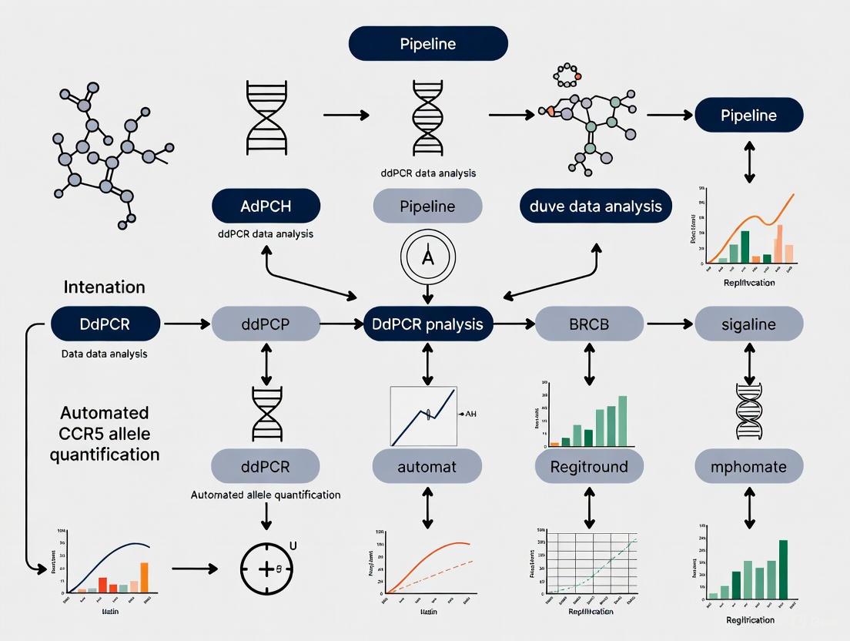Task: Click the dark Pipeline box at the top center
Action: pos(428,44)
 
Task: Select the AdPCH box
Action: pos(266,206)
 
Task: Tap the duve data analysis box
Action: pos(595,206)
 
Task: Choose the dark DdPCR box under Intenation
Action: pos(105,324)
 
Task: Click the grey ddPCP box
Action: pos(266,324)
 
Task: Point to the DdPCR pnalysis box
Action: pos(428,324)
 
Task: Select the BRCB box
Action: pos(589,324)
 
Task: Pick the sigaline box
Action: pos(749,324)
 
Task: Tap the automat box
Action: pos(427,466)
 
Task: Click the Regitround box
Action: pos(589,466)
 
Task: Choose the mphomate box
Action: pos(749,466)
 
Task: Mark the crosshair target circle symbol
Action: pos(266,570)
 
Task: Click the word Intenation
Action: pos(104,287)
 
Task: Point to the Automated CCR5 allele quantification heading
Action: pos(105,434)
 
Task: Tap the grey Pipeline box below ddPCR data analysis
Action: pos(428,206)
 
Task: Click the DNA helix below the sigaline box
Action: pos(748,410)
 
